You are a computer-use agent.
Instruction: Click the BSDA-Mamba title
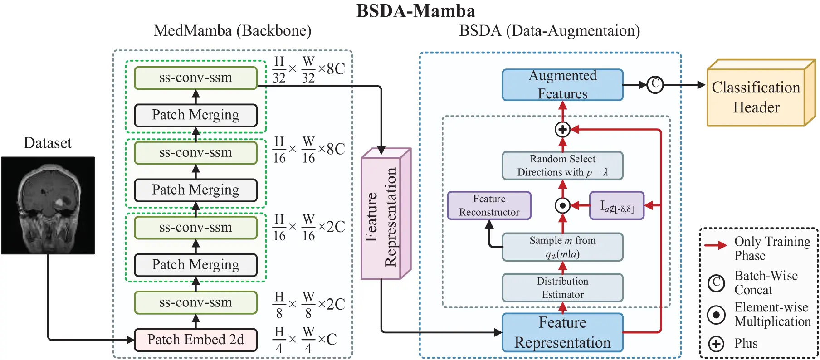[x=415, y=10]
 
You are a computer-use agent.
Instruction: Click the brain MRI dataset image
[x=48, y=205]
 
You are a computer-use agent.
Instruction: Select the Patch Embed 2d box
[x=195, y=340]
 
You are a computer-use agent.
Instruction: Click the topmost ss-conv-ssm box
[x=195, y=78]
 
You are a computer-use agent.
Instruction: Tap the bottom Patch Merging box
[x=195, y=265]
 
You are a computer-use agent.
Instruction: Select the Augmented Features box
[x=562, y=85]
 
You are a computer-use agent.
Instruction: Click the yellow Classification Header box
[x=756, y=97]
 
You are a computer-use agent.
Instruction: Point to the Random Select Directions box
[x=562, y=165]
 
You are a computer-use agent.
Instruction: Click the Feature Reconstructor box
[x=489, y=205]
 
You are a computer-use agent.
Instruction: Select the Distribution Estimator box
[x=562, y=288]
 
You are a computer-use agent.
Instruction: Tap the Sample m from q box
[x=562, y=247]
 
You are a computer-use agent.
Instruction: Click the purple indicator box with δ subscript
[x=617, y=206]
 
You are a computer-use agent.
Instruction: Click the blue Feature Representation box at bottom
[x=562, y=332]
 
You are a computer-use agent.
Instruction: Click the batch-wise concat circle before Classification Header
[x=654, y=84]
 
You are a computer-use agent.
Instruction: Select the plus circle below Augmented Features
[x=562, y=130]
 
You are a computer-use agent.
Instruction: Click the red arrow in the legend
[x=716, y=246]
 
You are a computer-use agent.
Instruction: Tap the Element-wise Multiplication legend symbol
[x=716, y=314]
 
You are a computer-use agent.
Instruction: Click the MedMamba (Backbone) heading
[x=232, y=31]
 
